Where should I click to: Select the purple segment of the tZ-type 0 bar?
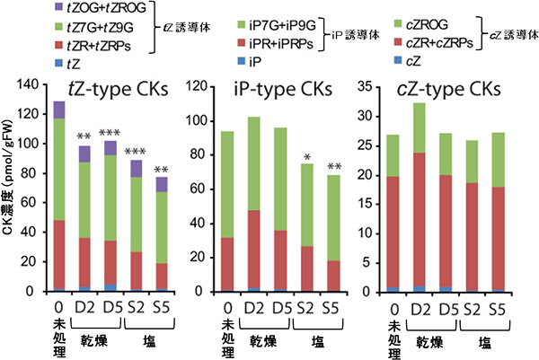click(x=60, y=110)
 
